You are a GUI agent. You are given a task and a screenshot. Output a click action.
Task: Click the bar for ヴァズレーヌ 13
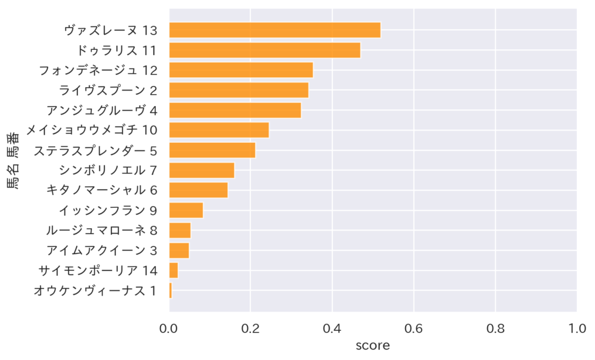click(x=274, y=30)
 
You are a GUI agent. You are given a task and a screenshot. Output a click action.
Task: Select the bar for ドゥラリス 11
click(x=264, y=50)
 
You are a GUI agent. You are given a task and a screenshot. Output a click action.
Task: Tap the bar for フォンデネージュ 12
click(x=241, y=70)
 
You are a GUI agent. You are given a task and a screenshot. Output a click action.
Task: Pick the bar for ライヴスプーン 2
click(x=238, y=90)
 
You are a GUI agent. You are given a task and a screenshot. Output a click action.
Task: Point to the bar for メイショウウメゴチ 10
click(x=218, y=130)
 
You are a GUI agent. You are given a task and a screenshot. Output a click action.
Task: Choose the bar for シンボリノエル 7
click(x=201, y=170)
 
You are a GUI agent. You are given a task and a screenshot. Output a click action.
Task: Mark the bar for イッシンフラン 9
click(x=185, y=210)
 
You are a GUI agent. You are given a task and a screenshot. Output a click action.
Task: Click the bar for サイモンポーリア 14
click(x=173, y=271)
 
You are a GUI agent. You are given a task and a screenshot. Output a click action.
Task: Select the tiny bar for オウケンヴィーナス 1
click(x=170, y=290)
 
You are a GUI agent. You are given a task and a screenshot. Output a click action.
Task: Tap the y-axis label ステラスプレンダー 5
click(x=95, y=150)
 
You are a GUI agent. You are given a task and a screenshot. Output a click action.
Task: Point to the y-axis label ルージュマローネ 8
click(x=102, y=231)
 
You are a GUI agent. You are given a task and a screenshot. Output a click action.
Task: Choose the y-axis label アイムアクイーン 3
click(x=102, y=250)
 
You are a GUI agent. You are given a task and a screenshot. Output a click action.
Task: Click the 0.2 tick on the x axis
click(x=250, y=329)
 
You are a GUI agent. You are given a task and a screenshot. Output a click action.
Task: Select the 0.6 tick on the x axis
click(x=414, y=329)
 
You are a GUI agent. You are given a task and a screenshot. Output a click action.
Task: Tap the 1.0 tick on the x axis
click(x=576, y=329)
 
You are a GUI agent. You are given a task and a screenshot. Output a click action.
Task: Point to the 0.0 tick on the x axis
click(x=169, y=329)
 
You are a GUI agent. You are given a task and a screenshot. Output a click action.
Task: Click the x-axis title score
click(x=372, y=345)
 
